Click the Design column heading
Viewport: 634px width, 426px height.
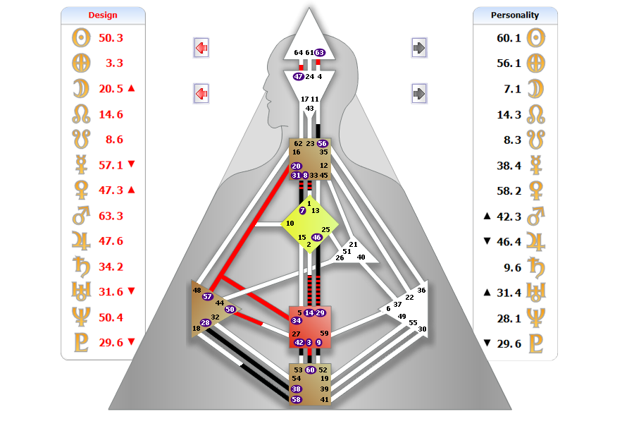pyautogui.click(x=103, y=15)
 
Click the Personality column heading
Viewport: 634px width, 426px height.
pyautogui.click(x=515, y=15)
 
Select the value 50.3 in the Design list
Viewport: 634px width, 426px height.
pyautogui.click(x=111, y=37)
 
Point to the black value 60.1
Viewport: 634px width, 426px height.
pyautogui.click(x=509, y=37)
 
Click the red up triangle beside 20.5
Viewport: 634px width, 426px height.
pyautogui.click(x=131, y=88)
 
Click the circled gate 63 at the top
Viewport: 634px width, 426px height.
pyautogui.click(x=320, y=52)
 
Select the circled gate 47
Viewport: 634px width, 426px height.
pyautogui.click(x=298, y=76)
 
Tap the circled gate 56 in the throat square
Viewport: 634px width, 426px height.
pyautogui.click(x=323, y=143)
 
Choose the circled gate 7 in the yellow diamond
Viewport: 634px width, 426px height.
pyautogui.click(x=302, y=210)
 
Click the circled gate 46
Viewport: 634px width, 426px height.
pyautogui.click(x=317, y=238)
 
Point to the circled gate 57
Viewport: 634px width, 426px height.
pyautogui.click(x=207, y=297)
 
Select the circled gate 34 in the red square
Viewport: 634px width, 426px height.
pyautogui.click(x=297, y=321)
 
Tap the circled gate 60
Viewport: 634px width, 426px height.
pyautogui.click(x=310, y=370)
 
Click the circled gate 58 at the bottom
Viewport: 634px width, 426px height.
pyautogui.click(x=297, y=400)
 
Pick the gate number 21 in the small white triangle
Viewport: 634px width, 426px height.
pyautogui.click(x=354, y=244)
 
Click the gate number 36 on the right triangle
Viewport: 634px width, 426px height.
pyautogui.click(x=421, y=290)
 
